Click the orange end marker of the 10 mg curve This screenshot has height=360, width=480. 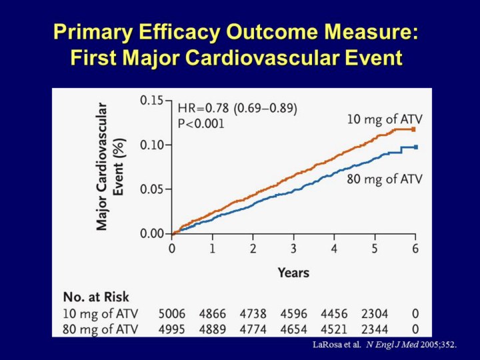pyautogui.click(x=414, y=129)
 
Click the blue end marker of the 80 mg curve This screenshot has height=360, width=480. pyautogui.click(x=416, y=147)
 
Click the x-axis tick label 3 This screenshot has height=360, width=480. pyautogui.click(x=293, y=249)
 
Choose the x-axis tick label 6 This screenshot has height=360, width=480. pyautogui.click(x=415, y=249)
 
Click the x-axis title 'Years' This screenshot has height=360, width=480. pyautogui.click(x=293, y=273)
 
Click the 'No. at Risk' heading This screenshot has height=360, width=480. pyautogui.click(x=96, y=297)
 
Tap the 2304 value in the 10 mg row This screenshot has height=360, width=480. pyautogui.click(x=375, y=313)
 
